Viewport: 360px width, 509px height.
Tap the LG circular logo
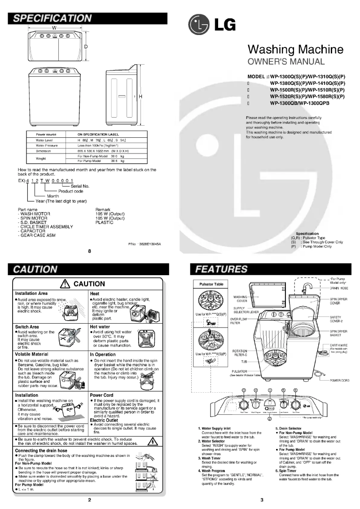click(199, 25)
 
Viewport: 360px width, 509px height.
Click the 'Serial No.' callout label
click(80, 185)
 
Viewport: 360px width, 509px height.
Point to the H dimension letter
click(140, 97)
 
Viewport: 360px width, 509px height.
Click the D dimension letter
click(85, 46)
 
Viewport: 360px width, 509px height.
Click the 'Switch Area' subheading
click(27, 327)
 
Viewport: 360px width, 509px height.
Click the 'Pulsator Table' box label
click(207, 284)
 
